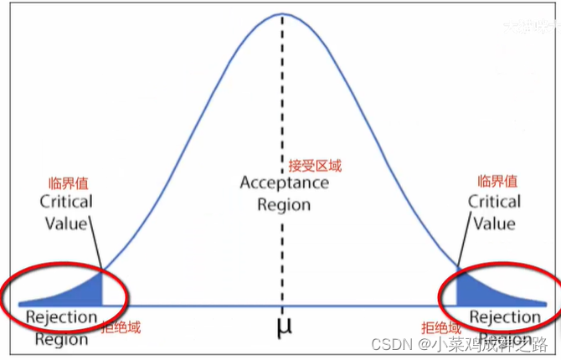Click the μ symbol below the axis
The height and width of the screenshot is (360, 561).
[283, 327]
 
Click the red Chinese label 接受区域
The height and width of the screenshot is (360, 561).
[315, 165]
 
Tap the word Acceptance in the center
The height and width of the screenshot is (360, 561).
[284, 183]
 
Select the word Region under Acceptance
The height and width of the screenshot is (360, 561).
[284, 204]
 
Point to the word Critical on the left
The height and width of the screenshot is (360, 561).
[66, 203]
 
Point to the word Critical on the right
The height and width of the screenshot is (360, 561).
[494, 202]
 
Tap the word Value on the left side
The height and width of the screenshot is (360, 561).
[66, 224]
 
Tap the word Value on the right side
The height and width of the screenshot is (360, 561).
[494, 223]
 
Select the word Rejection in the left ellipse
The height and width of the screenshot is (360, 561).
[61, 318]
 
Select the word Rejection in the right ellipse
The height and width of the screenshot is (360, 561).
[504, 316]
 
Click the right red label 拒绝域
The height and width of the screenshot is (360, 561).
[441, 329]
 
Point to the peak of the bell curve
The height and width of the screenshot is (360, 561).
[283, 13]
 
